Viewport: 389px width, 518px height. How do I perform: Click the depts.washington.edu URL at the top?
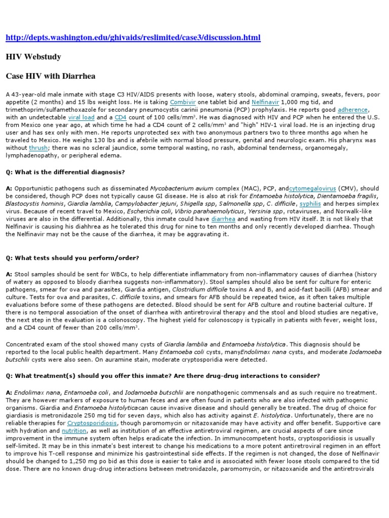point(133,38)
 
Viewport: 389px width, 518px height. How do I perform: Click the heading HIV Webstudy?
point(33,57)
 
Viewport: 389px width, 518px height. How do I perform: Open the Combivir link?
point(183,102)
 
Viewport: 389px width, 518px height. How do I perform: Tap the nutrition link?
point(74,430)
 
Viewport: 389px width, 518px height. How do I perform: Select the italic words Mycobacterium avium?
point(175,188)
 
